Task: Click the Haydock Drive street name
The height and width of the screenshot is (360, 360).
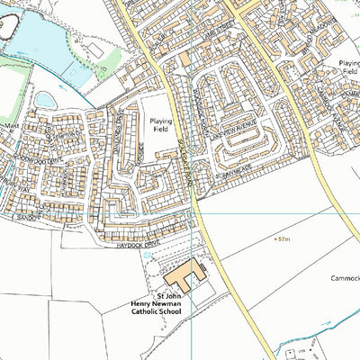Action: coord(136,245)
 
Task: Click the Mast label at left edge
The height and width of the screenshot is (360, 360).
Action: coord(10,126)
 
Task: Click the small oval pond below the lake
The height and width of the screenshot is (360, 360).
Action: coord(45,99)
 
